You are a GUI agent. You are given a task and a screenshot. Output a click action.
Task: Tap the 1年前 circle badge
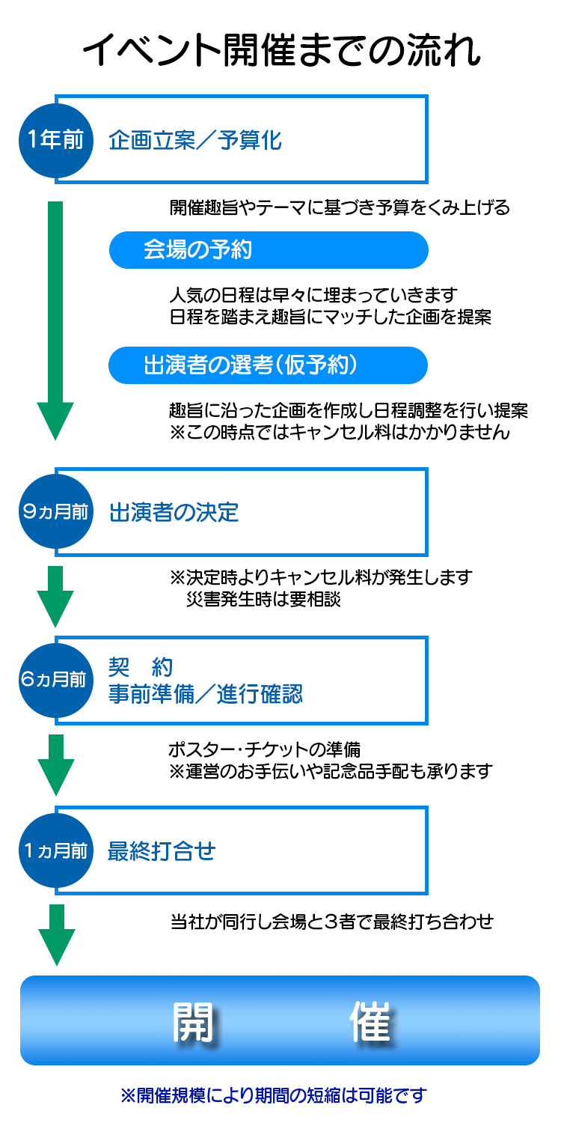coord(55,140)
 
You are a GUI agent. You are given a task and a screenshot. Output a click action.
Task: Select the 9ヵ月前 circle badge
coord(55,512)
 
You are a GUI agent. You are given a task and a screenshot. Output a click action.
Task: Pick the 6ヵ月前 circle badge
coord(55,680)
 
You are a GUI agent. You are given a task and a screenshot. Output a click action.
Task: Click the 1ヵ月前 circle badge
coord(55,850)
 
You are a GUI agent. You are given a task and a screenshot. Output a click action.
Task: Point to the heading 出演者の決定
coord(174,513)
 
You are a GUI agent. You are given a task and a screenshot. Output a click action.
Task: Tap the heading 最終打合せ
coord(162,851)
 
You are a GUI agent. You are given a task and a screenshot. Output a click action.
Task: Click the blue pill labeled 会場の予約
coord(269,250)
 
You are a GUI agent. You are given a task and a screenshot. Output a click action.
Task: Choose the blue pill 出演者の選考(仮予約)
coord(269,365)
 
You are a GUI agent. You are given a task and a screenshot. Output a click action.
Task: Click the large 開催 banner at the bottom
coord(280,1020)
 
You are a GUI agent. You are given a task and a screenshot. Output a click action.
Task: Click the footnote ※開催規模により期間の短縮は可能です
coord(273,1095)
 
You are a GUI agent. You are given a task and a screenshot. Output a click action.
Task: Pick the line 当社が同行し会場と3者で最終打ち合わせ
coord(331,921)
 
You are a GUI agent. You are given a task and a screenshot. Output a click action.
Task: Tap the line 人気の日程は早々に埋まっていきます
coord(313,294)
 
